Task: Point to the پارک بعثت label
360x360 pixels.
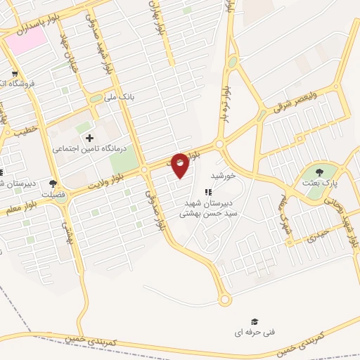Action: pos(321,182)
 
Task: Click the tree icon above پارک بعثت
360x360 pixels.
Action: pos(320,171)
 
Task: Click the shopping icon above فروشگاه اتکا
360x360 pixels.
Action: pos(14,72)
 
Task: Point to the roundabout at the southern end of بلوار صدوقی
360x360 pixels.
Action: pos(225,300)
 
